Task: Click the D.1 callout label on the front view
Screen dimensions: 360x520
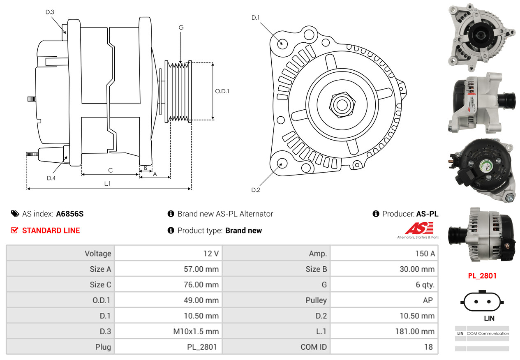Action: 256,18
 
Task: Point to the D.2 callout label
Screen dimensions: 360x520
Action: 256,190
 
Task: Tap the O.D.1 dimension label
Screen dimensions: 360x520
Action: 222,91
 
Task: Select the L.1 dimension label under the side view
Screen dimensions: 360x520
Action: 107,184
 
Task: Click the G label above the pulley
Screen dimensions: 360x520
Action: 181,28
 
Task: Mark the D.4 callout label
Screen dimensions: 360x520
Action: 51,178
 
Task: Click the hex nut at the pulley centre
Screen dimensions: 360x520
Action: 341,104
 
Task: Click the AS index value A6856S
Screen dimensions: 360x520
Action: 70,214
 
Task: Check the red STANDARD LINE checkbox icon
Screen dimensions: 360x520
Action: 14,230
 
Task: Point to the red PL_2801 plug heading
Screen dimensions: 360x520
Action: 482,275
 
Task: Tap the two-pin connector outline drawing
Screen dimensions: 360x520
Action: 483,302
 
